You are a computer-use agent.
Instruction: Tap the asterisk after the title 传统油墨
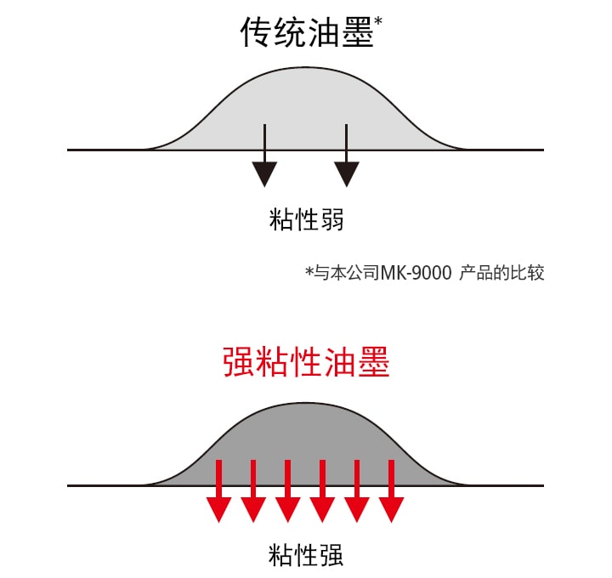[379, 20]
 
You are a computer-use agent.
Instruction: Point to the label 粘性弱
[306, 220]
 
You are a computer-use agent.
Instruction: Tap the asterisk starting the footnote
[309, 272]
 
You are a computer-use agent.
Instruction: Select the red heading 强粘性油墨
[306, 363]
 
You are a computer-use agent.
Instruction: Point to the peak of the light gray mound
[304, 69]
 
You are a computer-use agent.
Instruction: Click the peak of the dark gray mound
[304, 405]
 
